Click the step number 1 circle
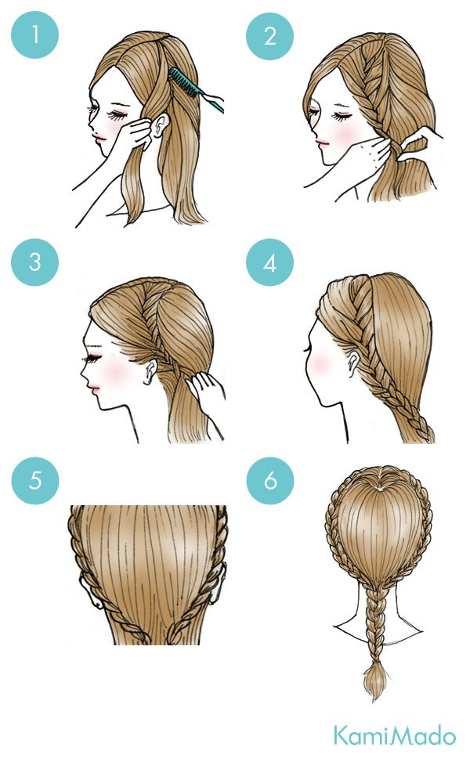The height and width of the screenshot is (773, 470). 34,35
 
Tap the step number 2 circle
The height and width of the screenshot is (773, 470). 269,37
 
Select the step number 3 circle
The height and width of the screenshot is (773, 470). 34,262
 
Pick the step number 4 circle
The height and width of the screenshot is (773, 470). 269,262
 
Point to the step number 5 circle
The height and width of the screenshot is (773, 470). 35,480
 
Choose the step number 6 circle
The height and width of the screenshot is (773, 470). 270,480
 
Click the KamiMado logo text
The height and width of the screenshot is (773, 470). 395,735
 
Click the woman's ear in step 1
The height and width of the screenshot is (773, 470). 159,126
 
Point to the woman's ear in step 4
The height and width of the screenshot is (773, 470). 351,363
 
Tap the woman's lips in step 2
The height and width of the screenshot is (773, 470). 322,143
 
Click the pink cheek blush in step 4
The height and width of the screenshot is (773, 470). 320,363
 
